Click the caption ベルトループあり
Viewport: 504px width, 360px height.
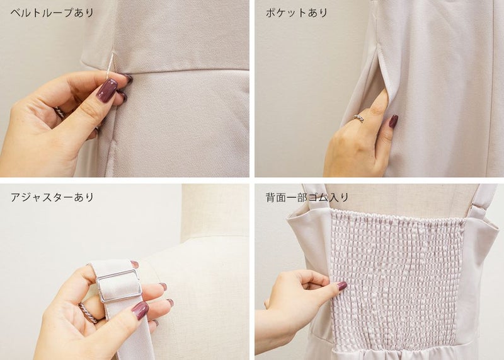click(52, 13)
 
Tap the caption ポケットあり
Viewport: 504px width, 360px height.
click(296, 13)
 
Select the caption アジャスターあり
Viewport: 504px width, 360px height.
click(52, 197)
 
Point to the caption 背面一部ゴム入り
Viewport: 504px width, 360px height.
click(307, 197)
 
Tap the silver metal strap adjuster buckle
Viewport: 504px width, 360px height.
click(119, 286)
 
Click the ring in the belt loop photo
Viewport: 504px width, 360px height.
click(60, 112)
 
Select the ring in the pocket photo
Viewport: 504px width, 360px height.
click(358, 119)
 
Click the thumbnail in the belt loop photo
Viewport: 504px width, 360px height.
click(107, 90)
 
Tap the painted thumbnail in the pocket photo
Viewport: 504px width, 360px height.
click(393, 121)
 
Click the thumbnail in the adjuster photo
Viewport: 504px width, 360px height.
click(140, 310)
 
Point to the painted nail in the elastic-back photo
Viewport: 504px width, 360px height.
click(342, 286)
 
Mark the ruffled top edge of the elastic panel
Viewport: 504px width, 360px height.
click(399, 214)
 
